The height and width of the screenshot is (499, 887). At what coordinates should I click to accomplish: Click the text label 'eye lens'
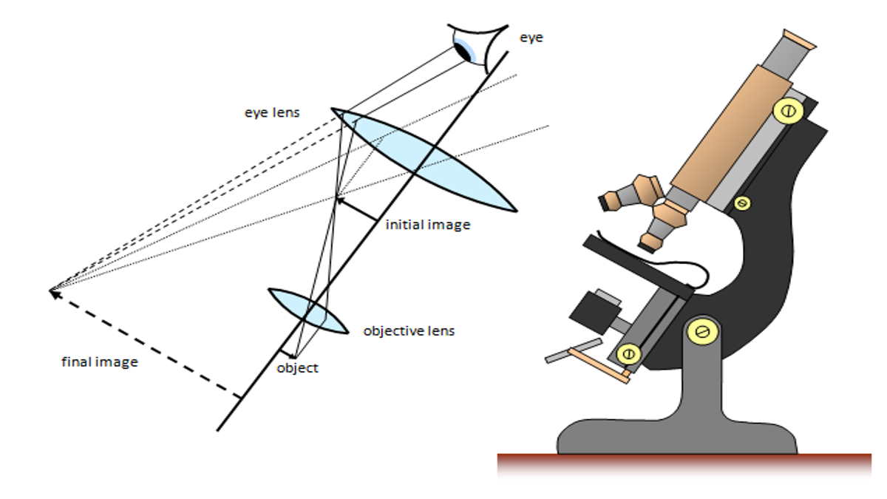click(x=271, y=113)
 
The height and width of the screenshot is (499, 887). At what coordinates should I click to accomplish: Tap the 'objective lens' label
click(x=409, y=330)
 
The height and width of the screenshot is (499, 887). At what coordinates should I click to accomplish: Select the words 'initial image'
click(x=427, y=225)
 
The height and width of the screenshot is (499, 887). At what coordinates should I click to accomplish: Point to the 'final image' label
click(x=99, y=363)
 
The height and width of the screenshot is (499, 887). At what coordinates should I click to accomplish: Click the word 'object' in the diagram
click(x=297, y=367)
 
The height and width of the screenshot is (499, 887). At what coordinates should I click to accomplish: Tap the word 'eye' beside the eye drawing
click(x=531, y=37)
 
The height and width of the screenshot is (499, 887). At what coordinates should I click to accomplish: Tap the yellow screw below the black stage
click(x=628, y=354)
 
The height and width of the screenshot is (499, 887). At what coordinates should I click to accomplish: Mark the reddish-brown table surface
click(x=684, y=464)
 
